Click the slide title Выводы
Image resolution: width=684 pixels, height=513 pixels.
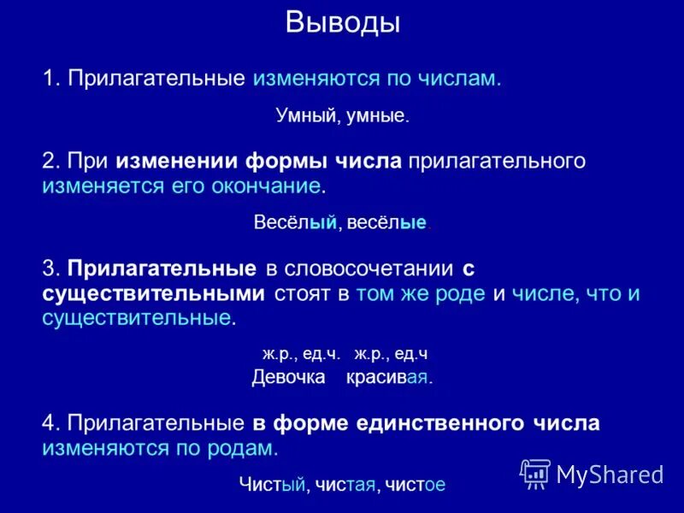[x=342, y=22]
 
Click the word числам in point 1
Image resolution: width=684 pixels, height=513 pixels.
[x=458, y=79]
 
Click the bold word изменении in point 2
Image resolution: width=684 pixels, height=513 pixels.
[x=178, y=162]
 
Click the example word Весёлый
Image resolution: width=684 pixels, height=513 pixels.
[x=293, y=222]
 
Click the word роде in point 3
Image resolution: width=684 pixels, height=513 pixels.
[x=463, y=294]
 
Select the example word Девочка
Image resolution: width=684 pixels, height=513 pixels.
[x=288, y=377]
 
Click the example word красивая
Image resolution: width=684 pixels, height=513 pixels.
[x=387, y=377]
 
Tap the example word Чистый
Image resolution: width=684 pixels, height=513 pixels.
[x=272, y=485]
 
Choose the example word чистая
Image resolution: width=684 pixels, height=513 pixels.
[x=345, y=485]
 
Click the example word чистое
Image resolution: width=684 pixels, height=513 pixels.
[x=415, y=485]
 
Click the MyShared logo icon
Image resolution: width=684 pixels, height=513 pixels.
[x=535, y=473]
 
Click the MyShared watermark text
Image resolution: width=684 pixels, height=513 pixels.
[x=610, y=474]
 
